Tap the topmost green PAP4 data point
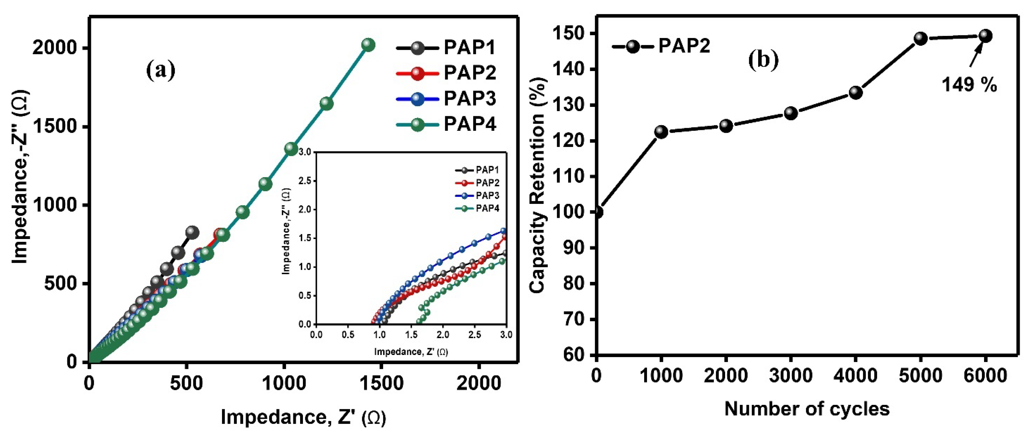coord(368,45)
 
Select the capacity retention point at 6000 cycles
coord(985,36)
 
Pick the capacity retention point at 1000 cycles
coord(661,132)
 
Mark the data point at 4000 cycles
coord(856,92)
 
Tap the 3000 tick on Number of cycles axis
coord(790,376)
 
